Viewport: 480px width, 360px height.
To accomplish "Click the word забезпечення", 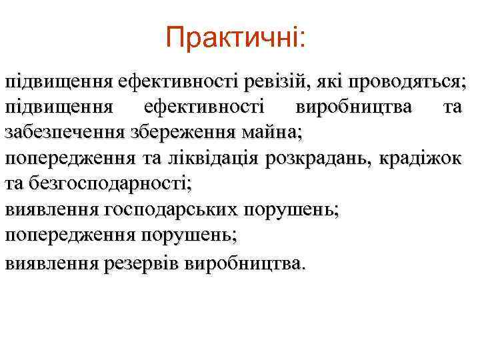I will [62, 132].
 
